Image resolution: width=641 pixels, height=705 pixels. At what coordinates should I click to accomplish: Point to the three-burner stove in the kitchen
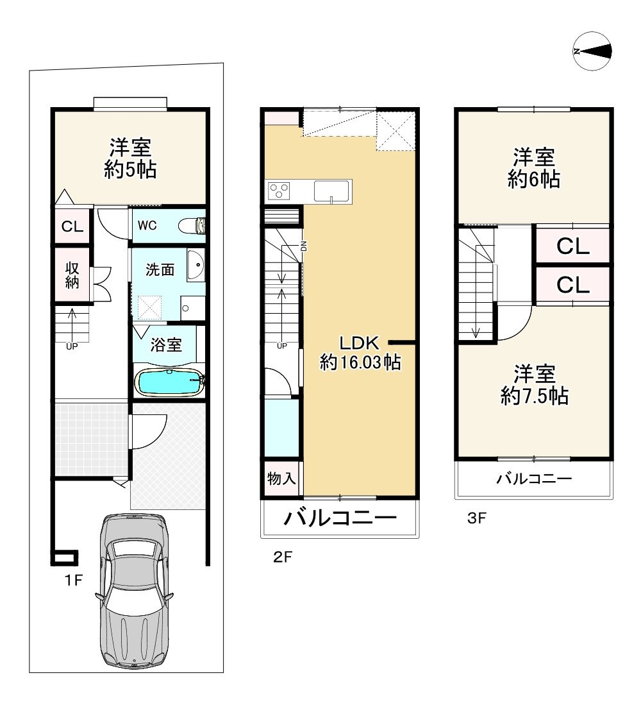(279, 191)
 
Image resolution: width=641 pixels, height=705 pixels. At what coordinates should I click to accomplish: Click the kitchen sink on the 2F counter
(331, 191)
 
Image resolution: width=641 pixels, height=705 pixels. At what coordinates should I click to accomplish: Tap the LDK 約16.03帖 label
(360, 353)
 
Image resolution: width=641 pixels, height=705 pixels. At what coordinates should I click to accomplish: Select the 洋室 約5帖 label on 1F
(130, 159)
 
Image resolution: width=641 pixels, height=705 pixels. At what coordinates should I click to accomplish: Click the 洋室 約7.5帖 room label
(534, 385)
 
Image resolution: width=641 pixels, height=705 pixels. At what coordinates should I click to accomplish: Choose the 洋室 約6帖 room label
(534, 168)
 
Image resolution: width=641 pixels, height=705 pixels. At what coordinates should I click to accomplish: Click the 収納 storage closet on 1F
(72, 274)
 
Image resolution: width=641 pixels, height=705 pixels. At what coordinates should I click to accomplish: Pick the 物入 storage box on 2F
(281, 479)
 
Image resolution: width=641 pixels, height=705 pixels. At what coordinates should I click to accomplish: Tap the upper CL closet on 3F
(572, 247)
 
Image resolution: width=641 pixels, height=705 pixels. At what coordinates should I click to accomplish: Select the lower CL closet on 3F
(572, 284)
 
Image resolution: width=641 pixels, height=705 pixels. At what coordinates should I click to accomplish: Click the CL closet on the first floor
(72, 226)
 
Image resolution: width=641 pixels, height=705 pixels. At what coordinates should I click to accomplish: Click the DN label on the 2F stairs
(304, 246)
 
